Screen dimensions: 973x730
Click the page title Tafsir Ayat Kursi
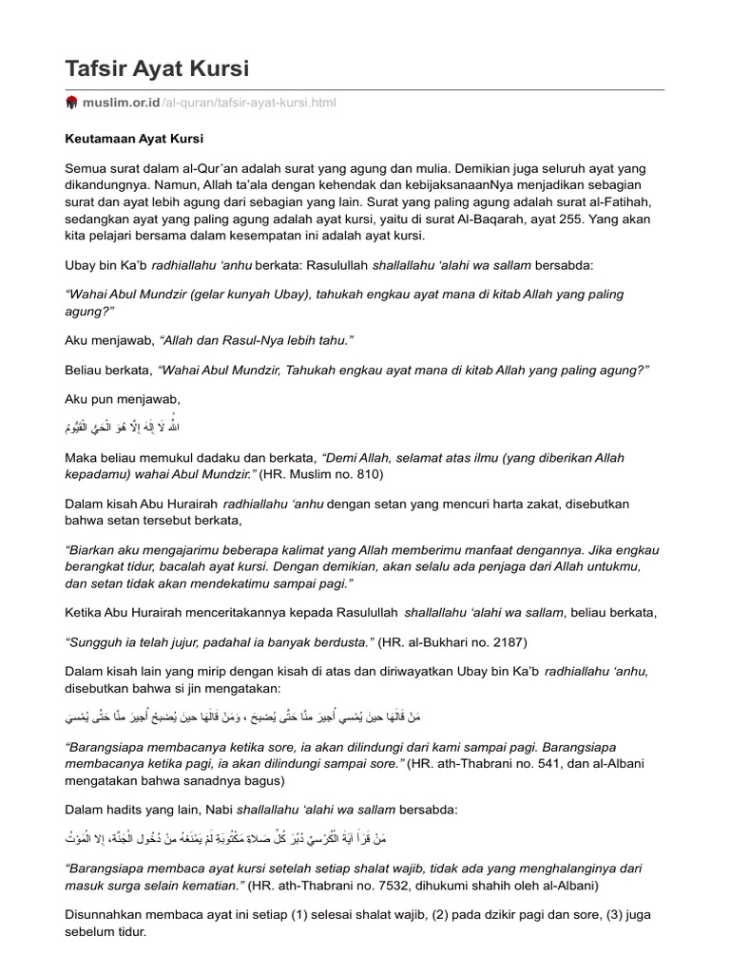pos(157,68)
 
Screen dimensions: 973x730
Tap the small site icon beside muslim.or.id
pos(71,103)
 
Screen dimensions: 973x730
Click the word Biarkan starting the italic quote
pos(96,550)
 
